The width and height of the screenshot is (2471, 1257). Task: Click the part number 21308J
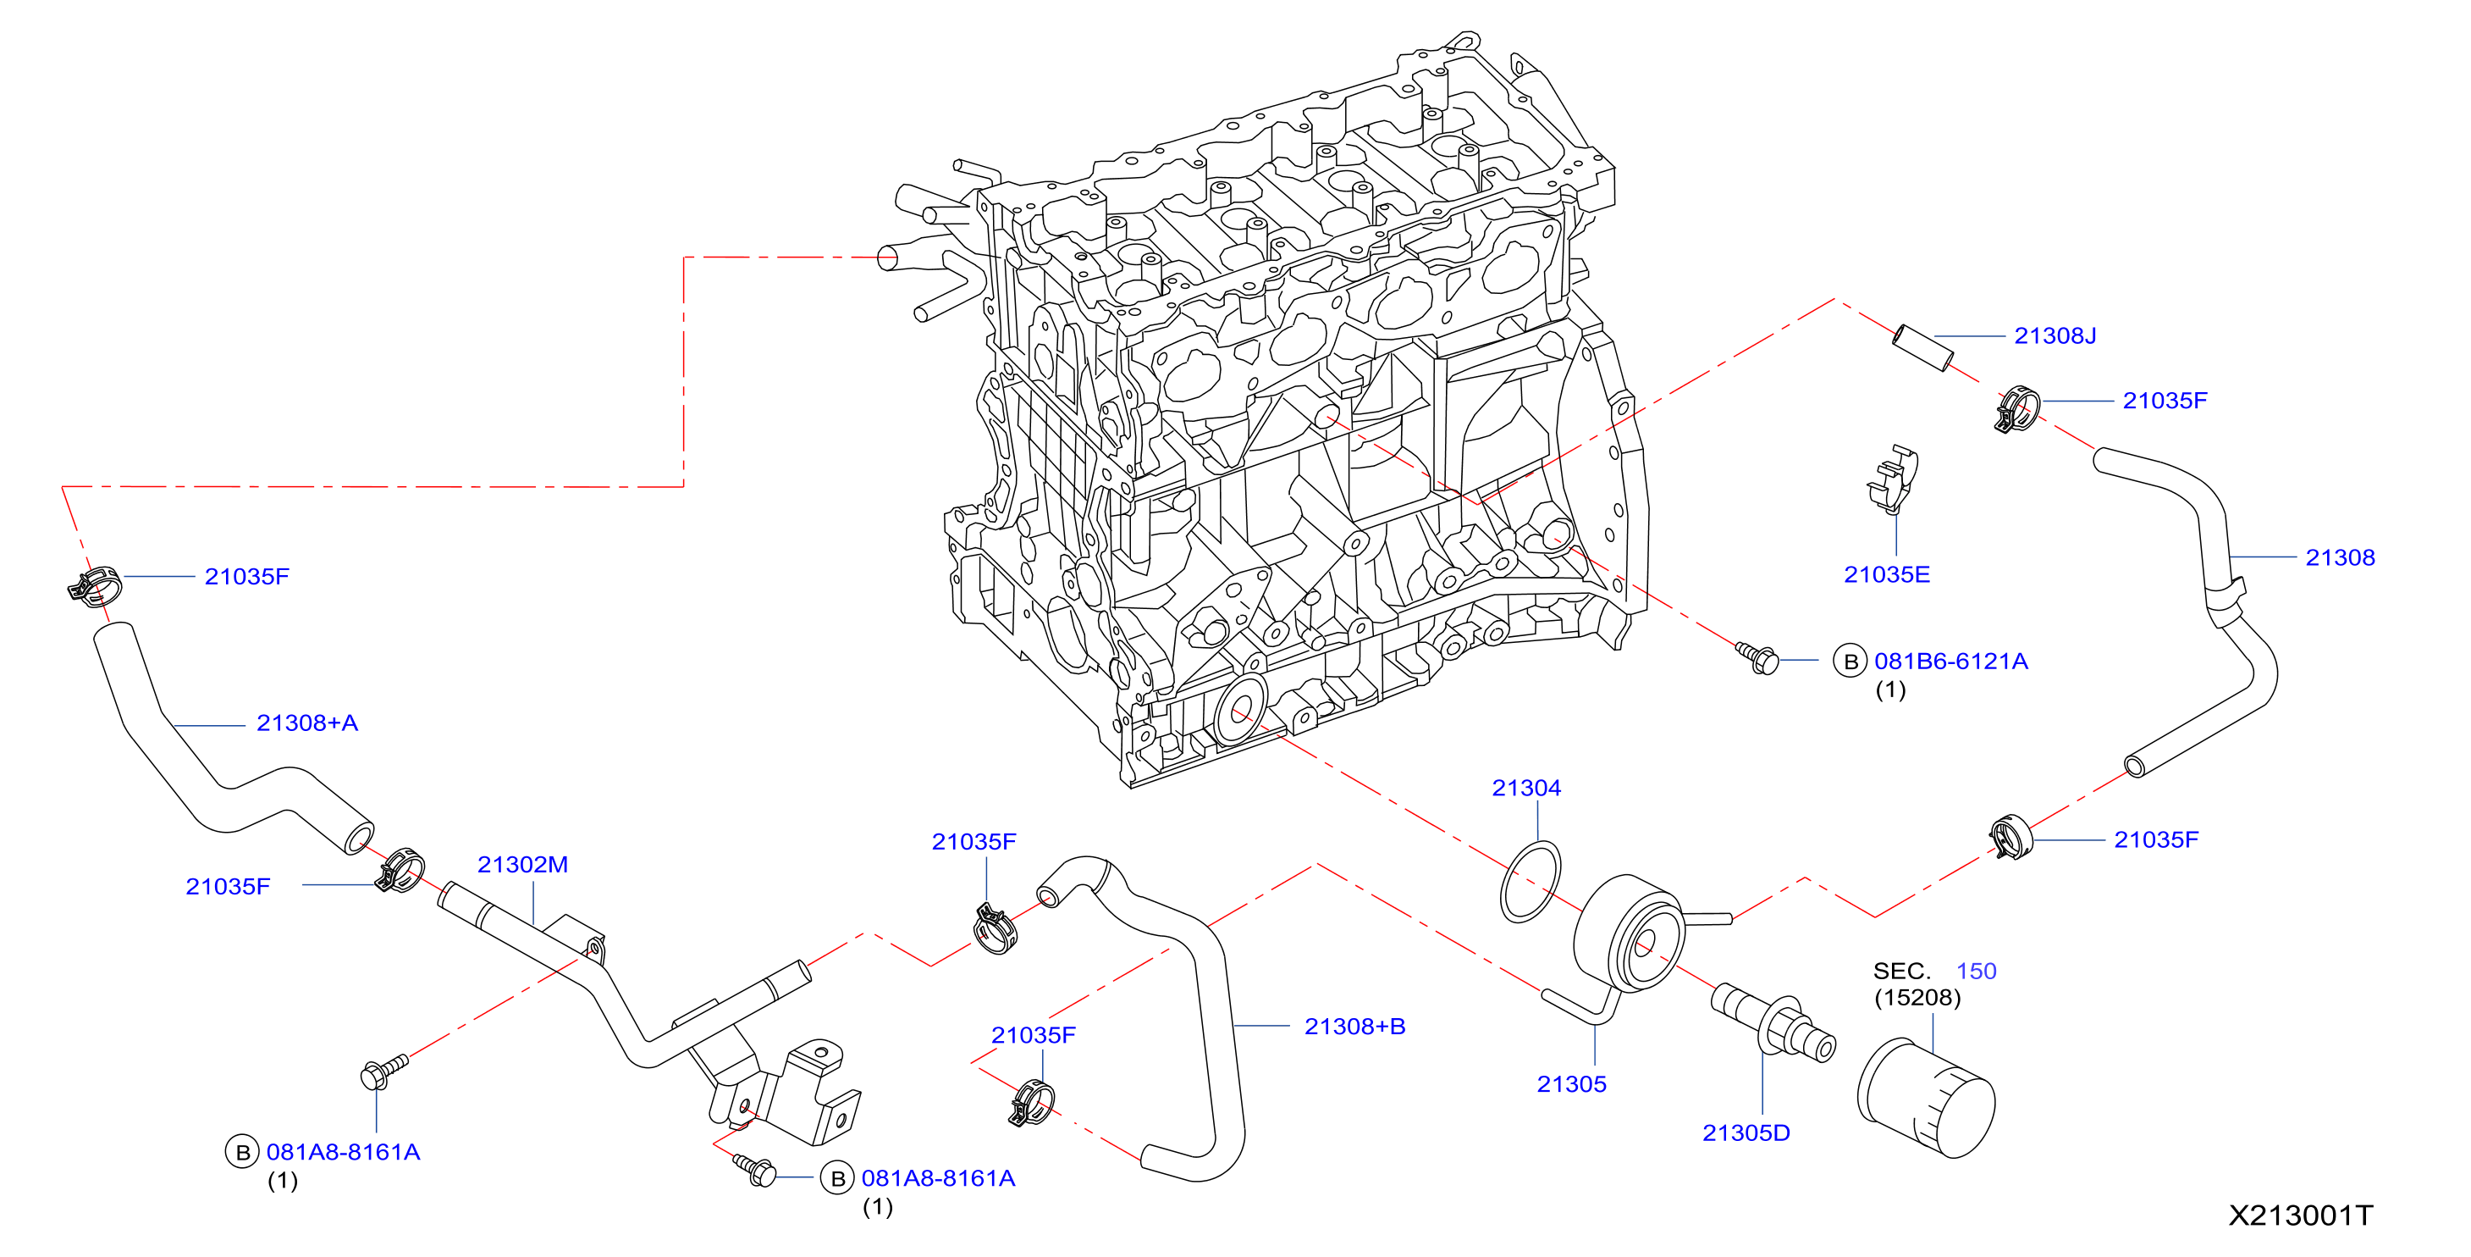tap(2055, 335)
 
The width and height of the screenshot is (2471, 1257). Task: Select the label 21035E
tap(1886, 575)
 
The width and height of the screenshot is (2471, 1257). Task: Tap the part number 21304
tap(1526, 788)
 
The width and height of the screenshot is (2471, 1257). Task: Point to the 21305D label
tap(1746, 1133)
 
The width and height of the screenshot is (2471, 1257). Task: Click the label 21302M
tap(523, 865)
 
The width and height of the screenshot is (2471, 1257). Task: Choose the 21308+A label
tap(307, 723)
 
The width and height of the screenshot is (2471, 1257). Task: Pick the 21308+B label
tap(1354, 1027)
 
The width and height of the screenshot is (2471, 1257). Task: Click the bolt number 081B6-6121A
tap(1951, 662)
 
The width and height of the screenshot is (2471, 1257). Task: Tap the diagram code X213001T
tap(2299, 1215)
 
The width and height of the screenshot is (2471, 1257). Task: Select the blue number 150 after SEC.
tap(1976, 971)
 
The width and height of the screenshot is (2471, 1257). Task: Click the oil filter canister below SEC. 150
tap(1926, 1098)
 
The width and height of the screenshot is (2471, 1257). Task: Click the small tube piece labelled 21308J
tap(1922, 348)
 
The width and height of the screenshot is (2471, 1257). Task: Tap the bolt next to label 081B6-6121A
tap(1758, 657)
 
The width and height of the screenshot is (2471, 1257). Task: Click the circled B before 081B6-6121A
tap(1850, 662)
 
